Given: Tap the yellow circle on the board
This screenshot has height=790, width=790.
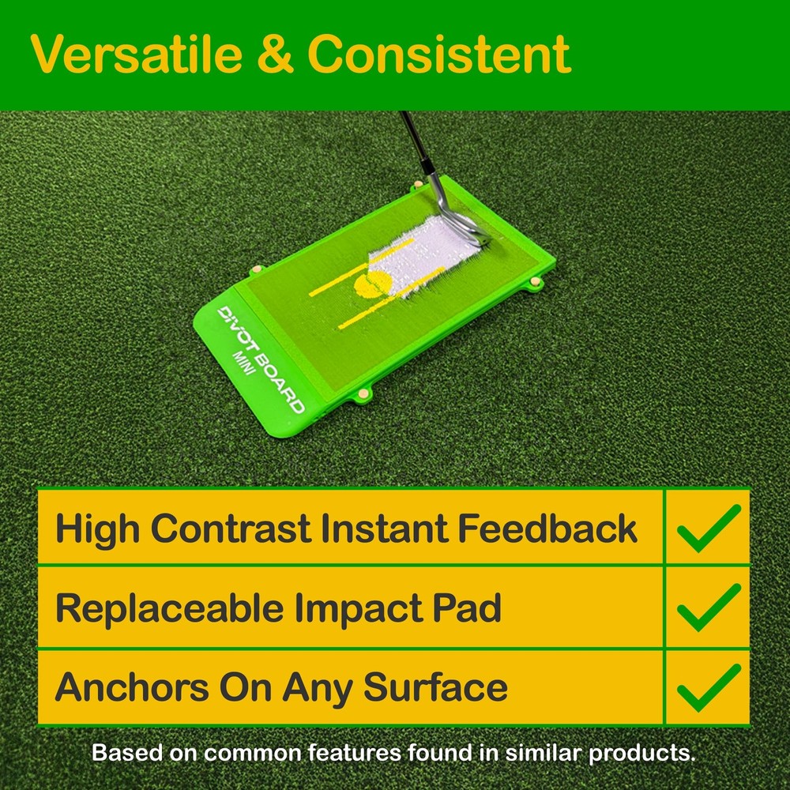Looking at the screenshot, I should (371, 284).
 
